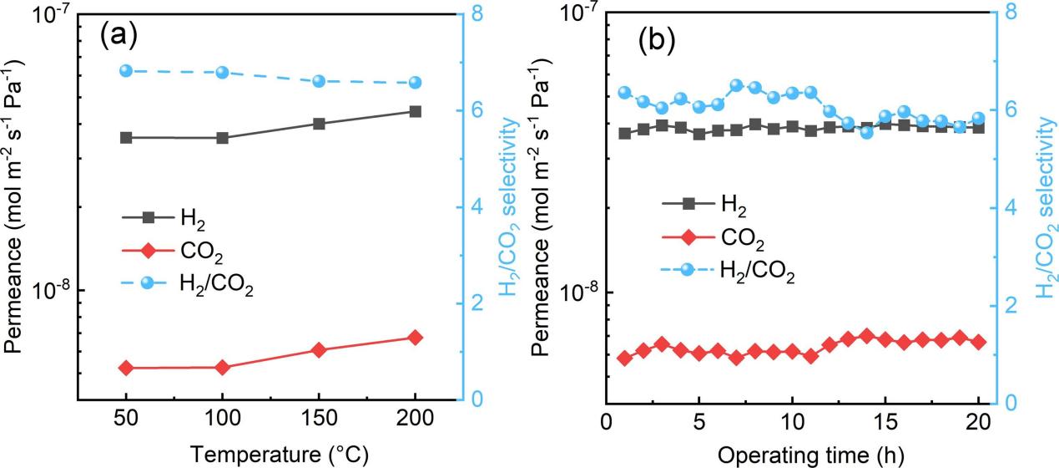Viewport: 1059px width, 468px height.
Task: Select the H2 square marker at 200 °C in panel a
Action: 415,111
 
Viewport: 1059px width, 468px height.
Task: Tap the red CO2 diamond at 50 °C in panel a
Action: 126,368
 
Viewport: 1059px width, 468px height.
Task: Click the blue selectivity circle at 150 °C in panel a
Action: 319,81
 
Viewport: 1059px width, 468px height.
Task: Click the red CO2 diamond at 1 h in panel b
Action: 624,358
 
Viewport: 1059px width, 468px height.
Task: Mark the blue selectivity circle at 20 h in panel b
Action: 979,119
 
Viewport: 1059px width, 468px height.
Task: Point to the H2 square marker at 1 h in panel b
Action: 624,133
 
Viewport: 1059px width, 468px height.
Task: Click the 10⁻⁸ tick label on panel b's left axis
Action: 577,292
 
